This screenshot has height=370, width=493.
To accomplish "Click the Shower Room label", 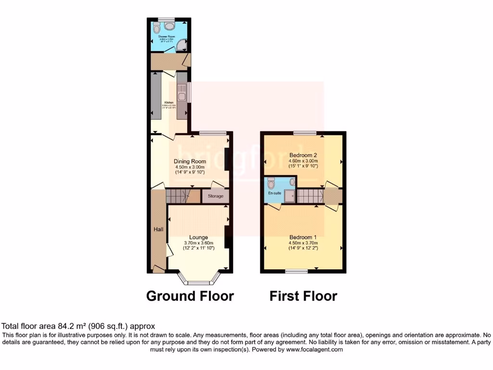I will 167,37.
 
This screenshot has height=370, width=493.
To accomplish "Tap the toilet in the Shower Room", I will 159,27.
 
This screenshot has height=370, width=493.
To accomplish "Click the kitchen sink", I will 182,91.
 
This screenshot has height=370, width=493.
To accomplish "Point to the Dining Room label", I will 190,161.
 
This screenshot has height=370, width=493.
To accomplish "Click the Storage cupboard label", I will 216,196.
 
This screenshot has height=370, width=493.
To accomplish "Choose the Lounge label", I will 198,237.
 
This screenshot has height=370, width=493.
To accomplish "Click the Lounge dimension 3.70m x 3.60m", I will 198,243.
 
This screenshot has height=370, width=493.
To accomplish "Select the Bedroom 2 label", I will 303,155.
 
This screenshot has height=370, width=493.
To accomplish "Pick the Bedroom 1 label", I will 303,237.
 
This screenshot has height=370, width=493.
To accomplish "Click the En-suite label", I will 274,193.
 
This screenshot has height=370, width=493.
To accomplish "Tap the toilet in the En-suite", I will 271,183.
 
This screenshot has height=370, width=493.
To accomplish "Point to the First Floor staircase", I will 310,196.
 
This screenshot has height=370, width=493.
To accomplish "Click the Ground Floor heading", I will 190,295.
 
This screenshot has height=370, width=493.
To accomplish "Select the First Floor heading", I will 303,295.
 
